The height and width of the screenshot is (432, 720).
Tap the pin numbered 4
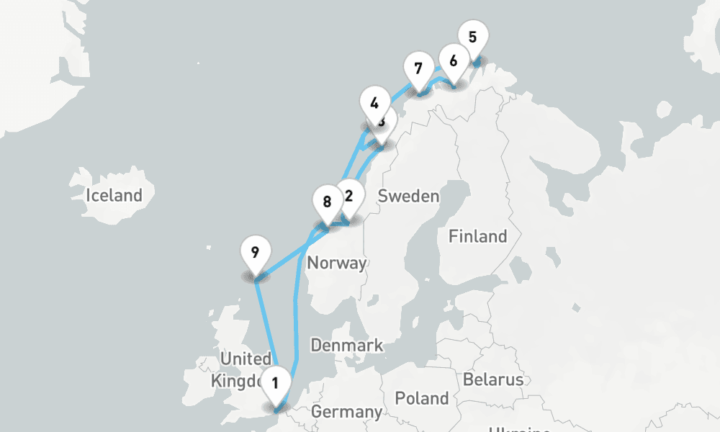373,103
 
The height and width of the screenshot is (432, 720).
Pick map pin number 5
472,37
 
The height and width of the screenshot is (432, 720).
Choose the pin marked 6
453,60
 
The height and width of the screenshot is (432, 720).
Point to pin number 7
418,69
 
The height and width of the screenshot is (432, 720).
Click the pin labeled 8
328,202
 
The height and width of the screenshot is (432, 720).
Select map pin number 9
255,252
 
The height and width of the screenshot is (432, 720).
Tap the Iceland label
114,195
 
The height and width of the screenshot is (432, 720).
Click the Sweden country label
408,196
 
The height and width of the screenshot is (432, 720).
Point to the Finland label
477,236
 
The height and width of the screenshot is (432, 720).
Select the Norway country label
336,264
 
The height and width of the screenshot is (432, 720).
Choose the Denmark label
346,346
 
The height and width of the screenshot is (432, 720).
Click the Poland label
422,398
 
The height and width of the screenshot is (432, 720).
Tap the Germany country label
346,413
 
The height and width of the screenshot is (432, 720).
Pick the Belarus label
493,379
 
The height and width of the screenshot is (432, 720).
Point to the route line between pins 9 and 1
266,324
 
